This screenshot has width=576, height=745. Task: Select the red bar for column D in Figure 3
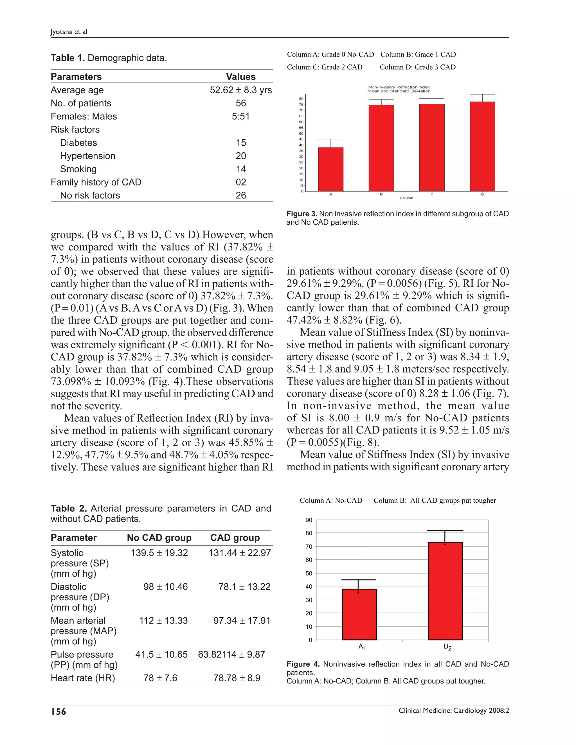(482, 146)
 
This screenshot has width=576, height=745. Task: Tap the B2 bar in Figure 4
(445, 591)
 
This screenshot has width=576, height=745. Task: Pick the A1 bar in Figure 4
(359, 614)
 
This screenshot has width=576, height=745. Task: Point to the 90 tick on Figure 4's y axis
(309, 520)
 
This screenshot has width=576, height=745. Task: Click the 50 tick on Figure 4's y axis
(309, 574)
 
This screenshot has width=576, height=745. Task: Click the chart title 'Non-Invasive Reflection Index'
(399, 87)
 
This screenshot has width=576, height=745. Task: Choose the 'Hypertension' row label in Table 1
(88, 156)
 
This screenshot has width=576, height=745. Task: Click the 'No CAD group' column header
(159, 538)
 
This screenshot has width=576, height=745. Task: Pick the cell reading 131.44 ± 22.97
(240, 553)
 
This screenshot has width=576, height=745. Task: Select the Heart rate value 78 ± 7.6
(160, 678)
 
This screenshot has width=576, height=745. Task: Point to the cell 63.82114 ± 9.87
(231, 654)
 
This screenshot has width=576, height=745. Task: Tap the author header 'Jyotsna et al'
(69, 32)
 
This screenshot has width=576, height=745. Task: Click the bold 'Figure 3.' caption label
(302, 214)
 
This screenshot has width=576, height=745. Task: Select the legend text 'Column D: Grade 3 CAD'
(417, 67)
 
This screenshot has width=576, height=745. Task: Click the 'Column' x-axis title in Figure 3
(406, 198)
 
